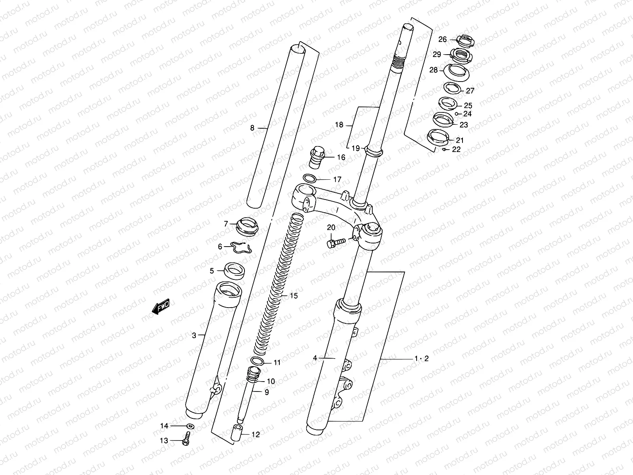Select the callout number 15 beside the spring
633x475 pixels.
point(294,296)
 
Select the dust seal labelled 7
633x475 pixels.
point(246,226)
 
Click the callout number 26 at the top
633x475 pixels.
point(442,39)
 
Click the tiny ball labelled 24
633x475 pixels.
point(457,114)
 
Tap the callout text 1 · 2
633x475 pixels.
point(421,359)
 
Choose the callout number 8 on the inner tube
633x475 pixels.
point(252,128)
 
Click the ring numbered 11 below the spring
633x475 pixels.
point(258,361)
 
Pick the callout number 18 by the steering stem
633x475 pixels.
point(339,125)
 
